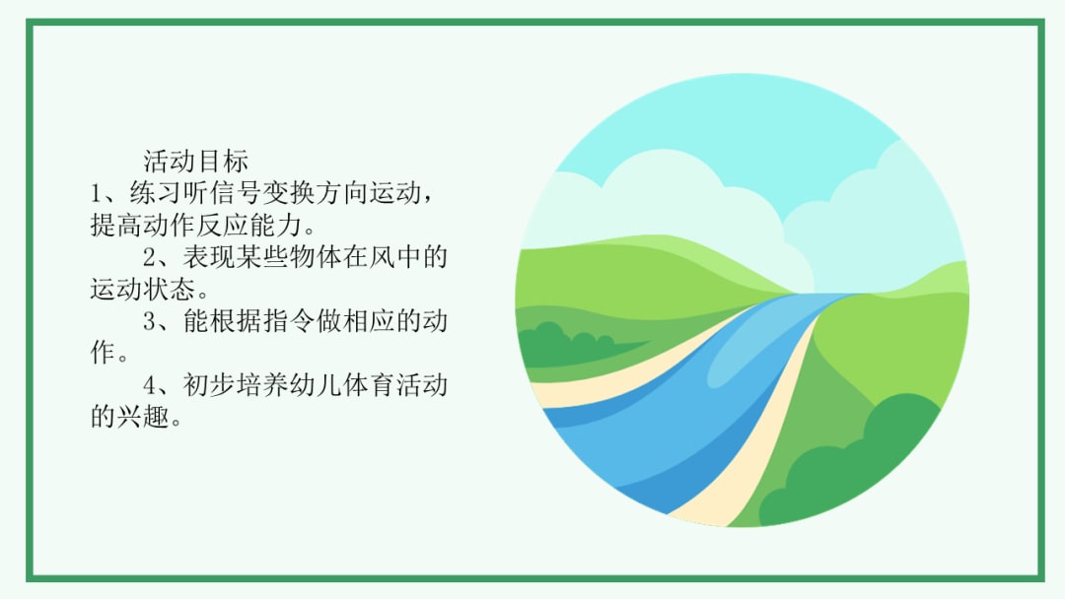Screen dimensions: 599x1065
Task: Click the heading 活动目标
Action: coord(196,161)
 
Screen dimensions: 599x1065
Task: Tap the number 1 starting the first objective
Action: coord(97,193)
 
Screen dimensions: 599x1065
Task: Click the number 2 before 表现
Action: coord(152,259)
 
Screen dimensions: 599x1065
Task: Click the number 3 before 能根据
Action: coord(152,322)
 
